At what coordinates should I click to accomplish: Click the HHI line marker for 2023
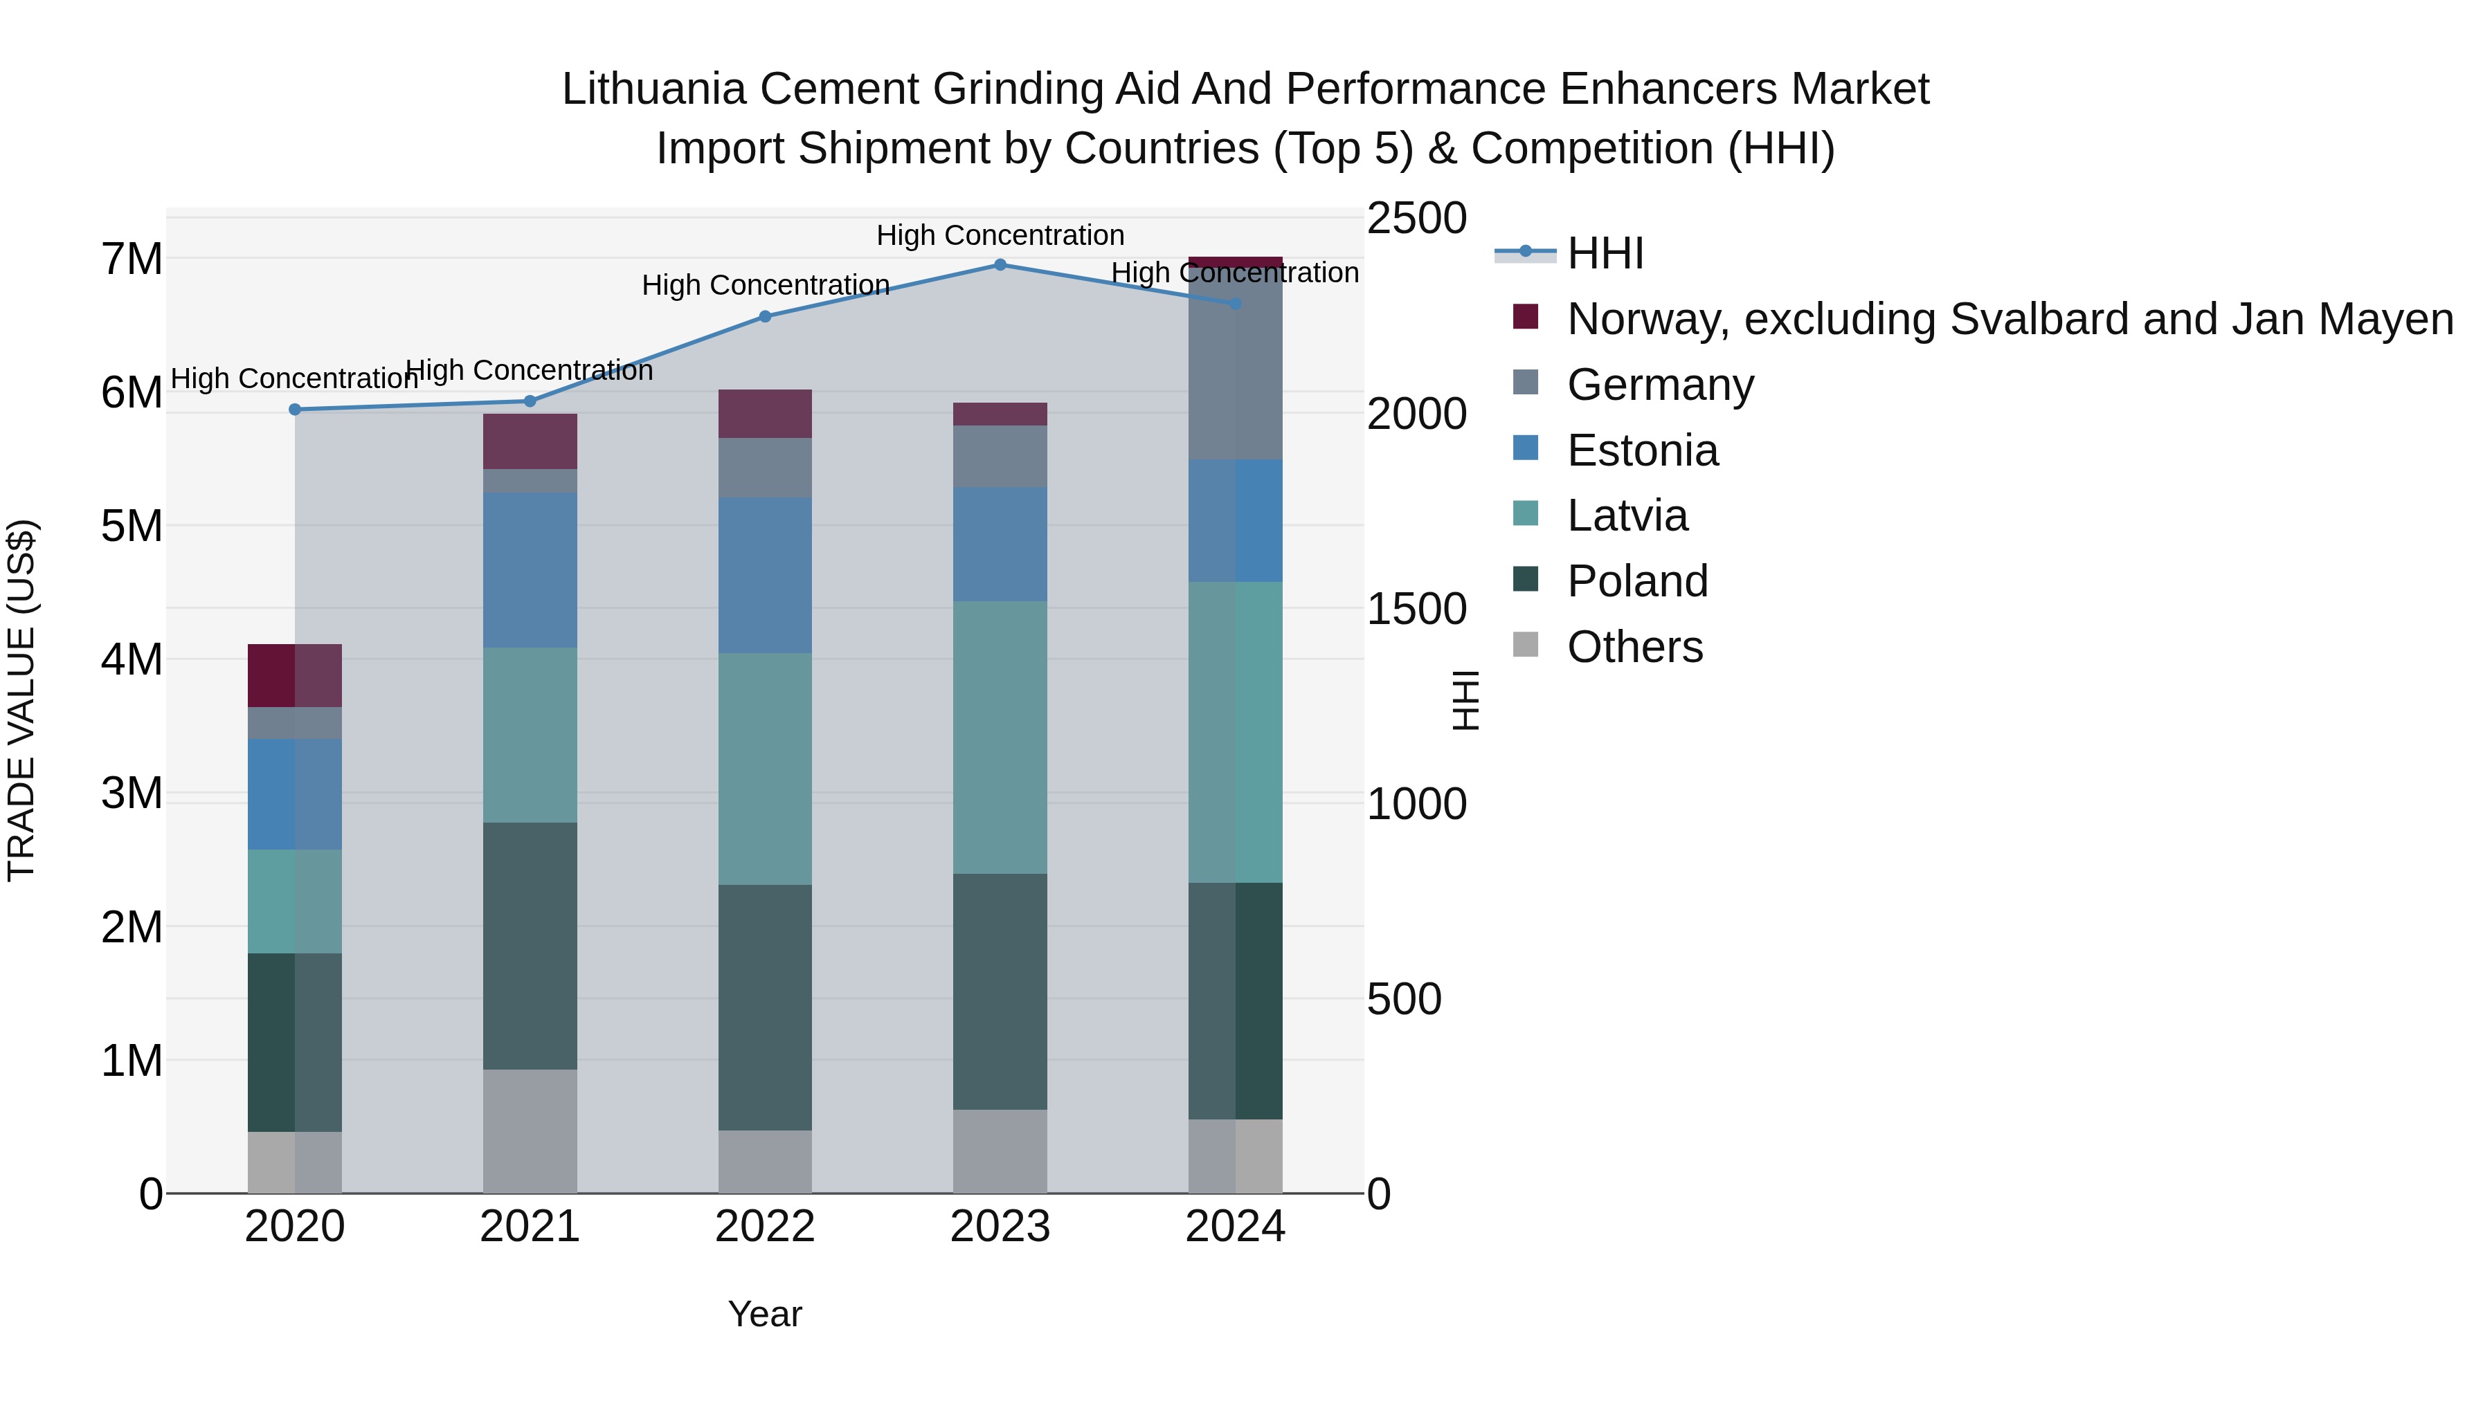tap(1000, 265)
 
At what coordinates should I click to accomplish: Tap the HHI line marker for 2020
tap(295, 410)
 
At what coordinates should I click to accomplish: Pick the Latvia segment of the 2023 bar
tap(1000, 738)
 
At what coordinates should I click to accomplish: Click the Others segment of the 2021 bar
tap(530, 1131)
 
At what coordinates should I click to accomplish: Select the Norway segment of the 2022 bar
tap(765, 414)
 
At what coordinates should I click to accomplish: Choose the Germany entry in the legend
tap(1660, 385)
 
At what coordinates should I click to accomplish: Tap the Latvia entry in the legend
tap(1627, 515)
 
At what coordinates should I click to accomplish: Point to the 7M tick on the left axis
tap(132, 259)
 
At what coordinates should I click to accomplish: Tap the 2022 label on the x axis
tap(765, 1227)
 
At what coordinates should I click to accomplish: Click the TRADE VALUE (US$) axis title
tap(21, 700)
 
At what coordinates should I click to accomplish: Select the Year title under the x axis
tap(764, 1314)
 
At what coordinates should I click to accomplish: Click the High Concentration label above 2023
tap(1000, 235)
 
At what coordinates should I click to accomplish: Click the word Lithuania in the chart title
tap(654, 89)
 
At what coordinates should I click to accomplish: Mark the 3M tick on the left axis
tap(132, 793)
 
